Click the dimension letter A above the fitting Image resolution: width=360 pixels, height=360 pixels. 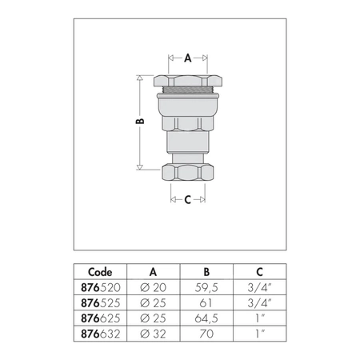click(188, 58)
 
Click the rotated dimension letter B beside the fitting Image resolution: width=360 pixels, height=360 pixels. click(140, 121)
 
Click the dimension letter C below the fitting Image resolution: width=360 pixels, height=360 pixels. click(188, 199)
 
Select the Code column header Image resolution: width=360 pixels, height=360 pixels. click(100, 272)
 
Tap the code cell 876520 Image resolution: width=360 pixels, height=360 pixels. click(101, 287)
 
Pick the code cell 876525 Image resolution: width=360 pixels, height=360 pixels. click(101, 303)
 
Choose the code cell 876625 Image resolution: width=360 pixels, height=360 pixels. click(101, 318)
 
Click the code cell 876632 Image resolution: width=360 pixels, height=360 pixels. click(101, 334)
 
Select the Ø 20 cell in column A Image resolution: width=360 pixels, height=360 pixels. click(153, 287)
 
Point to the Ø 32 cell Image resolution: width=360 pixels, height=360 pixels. click(153, 334)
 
